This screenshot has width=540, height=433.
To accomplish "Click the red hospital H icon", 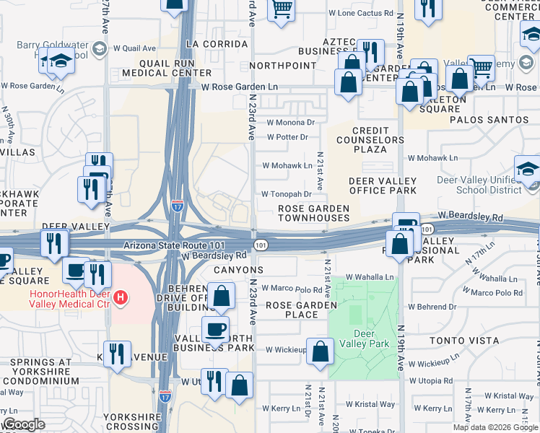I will click(121, 297).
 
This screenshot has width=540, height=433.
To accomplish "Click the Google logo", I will click(24, 424).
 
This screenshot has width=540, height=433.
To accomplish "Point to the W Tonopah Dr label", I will click(286, 194).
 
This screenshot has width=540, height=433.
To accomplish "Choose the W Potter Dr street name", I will click(287, 137).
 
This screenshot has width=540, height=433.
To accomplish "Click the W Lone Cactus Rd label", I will click(360, 13).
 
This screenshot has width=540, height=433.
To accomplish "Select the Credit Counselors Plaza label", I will click(370, 140).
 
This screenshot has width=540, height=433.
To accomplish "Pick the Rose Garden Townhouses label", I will click(314, 213).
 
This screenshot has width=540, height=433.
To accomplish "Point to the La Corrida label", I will click(211, 43).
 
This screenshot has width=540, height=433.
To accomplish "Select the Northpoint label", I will click(283, 65).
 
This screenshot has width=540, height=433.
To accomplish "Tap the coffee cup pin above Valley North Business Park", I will click(215, 329).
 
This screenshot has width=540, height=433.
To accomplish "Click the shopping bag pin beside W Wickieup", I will click(320, 352).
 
